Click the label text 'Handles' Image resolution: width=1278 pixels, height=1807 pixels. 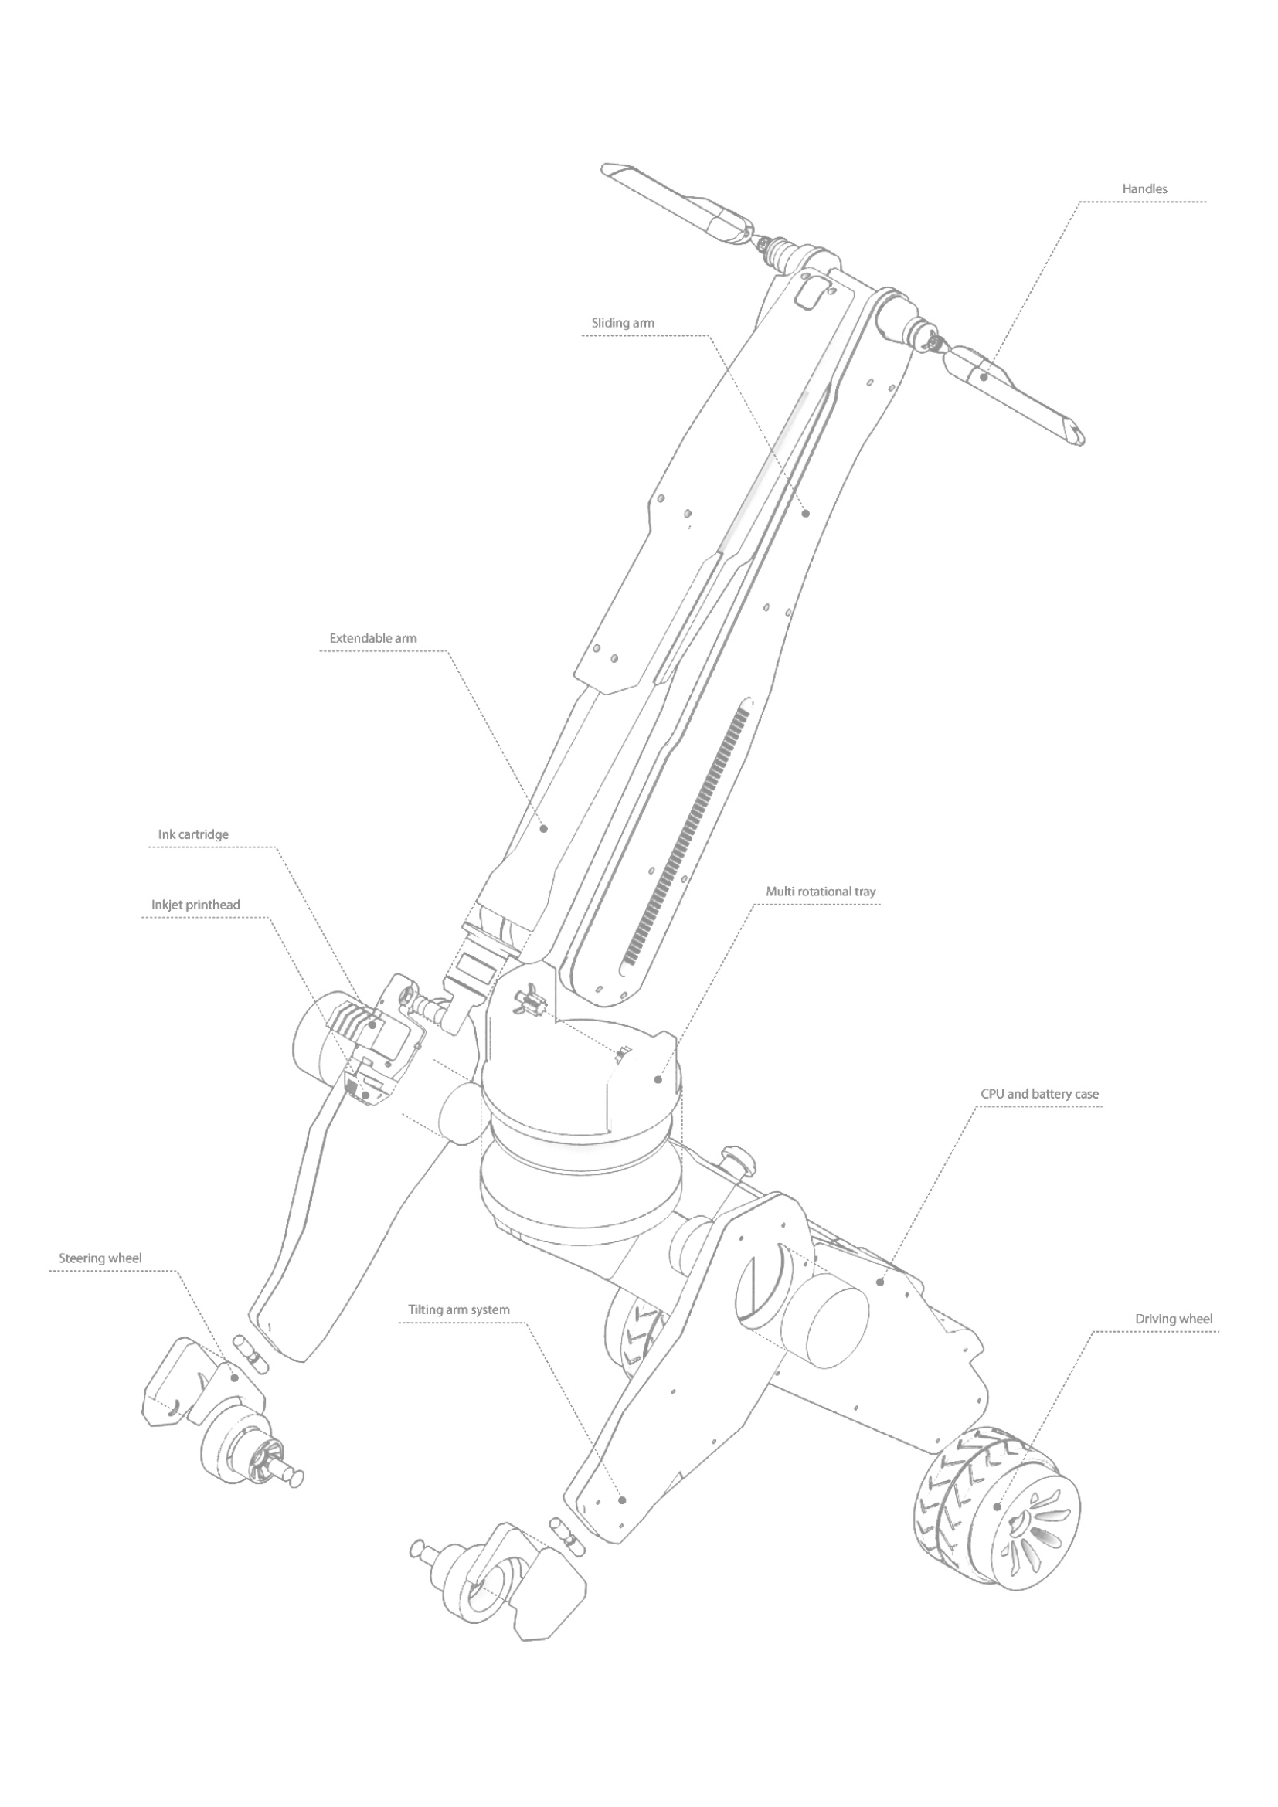coord(1144,189)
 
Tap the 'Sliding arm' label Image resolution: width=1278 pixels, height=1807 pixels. coord(623,323)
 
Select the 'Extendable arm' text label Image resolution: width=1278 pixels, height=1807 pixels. coord(373,638)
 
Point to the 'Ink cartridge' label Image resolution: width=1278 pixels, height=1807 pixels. coord(194,834)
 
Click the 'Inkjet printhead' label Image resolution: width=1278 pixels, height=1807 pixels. coord(196,905)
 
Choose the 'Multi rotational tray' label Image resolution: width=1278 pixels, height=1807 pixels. coord(821,892)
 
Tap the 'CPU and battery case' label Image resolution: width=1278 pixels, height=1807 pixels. coord(1039,1094)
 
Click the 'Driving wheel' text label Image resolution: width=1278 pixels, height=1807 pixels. coord(1174,1319)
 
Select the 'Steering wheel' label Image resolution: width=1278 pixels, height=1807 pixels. coord(100,1258)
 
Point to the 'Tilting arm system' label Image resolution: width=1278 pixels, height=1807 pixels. coord(459,1310)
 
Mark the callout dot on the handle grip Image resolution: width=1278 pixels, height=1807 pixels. coord(984,377)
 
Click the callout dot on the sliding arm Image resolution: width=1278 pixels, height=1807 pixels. coord(806,513)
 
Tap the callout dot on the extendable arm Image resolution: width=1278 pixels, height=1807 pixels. coord(543,829)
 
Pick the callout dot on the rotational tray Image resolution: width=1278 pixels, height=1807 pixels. coord(658,1080)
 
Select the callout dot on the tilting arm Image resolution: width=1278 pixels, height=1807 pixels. coord(622,1500)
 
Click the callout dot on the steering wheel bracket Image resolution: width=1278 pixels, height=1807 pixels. coord(233,1377)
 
